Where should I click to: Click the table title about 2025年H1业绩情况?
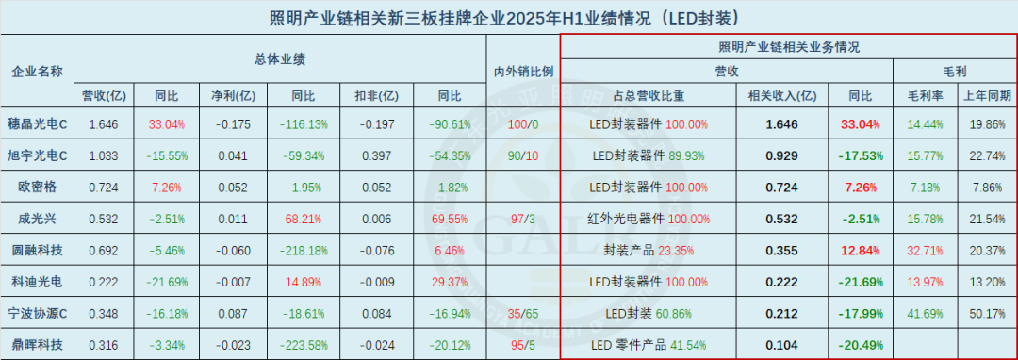click(x=508, y=17)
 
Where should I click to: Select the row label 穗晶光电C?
click(x=37, y=123)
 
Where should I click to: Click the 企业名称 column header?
click(x=37, y=72)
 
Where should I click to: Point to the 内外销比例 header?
click(x=523, y=72)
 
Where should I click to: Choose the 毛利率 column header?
click(x=925, y=95)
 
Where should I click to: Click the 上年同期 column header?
click(x=987, y=95)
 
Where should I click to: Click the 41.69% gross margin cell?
click(x=925, y=312)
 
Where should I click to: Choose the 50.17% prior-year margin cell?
click(x=987, y=312)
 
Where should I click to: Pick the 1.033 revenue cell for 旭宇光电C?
click(x=101, y=155)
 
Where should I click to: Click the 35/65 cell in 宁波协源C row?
click(x=523, y=312)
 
